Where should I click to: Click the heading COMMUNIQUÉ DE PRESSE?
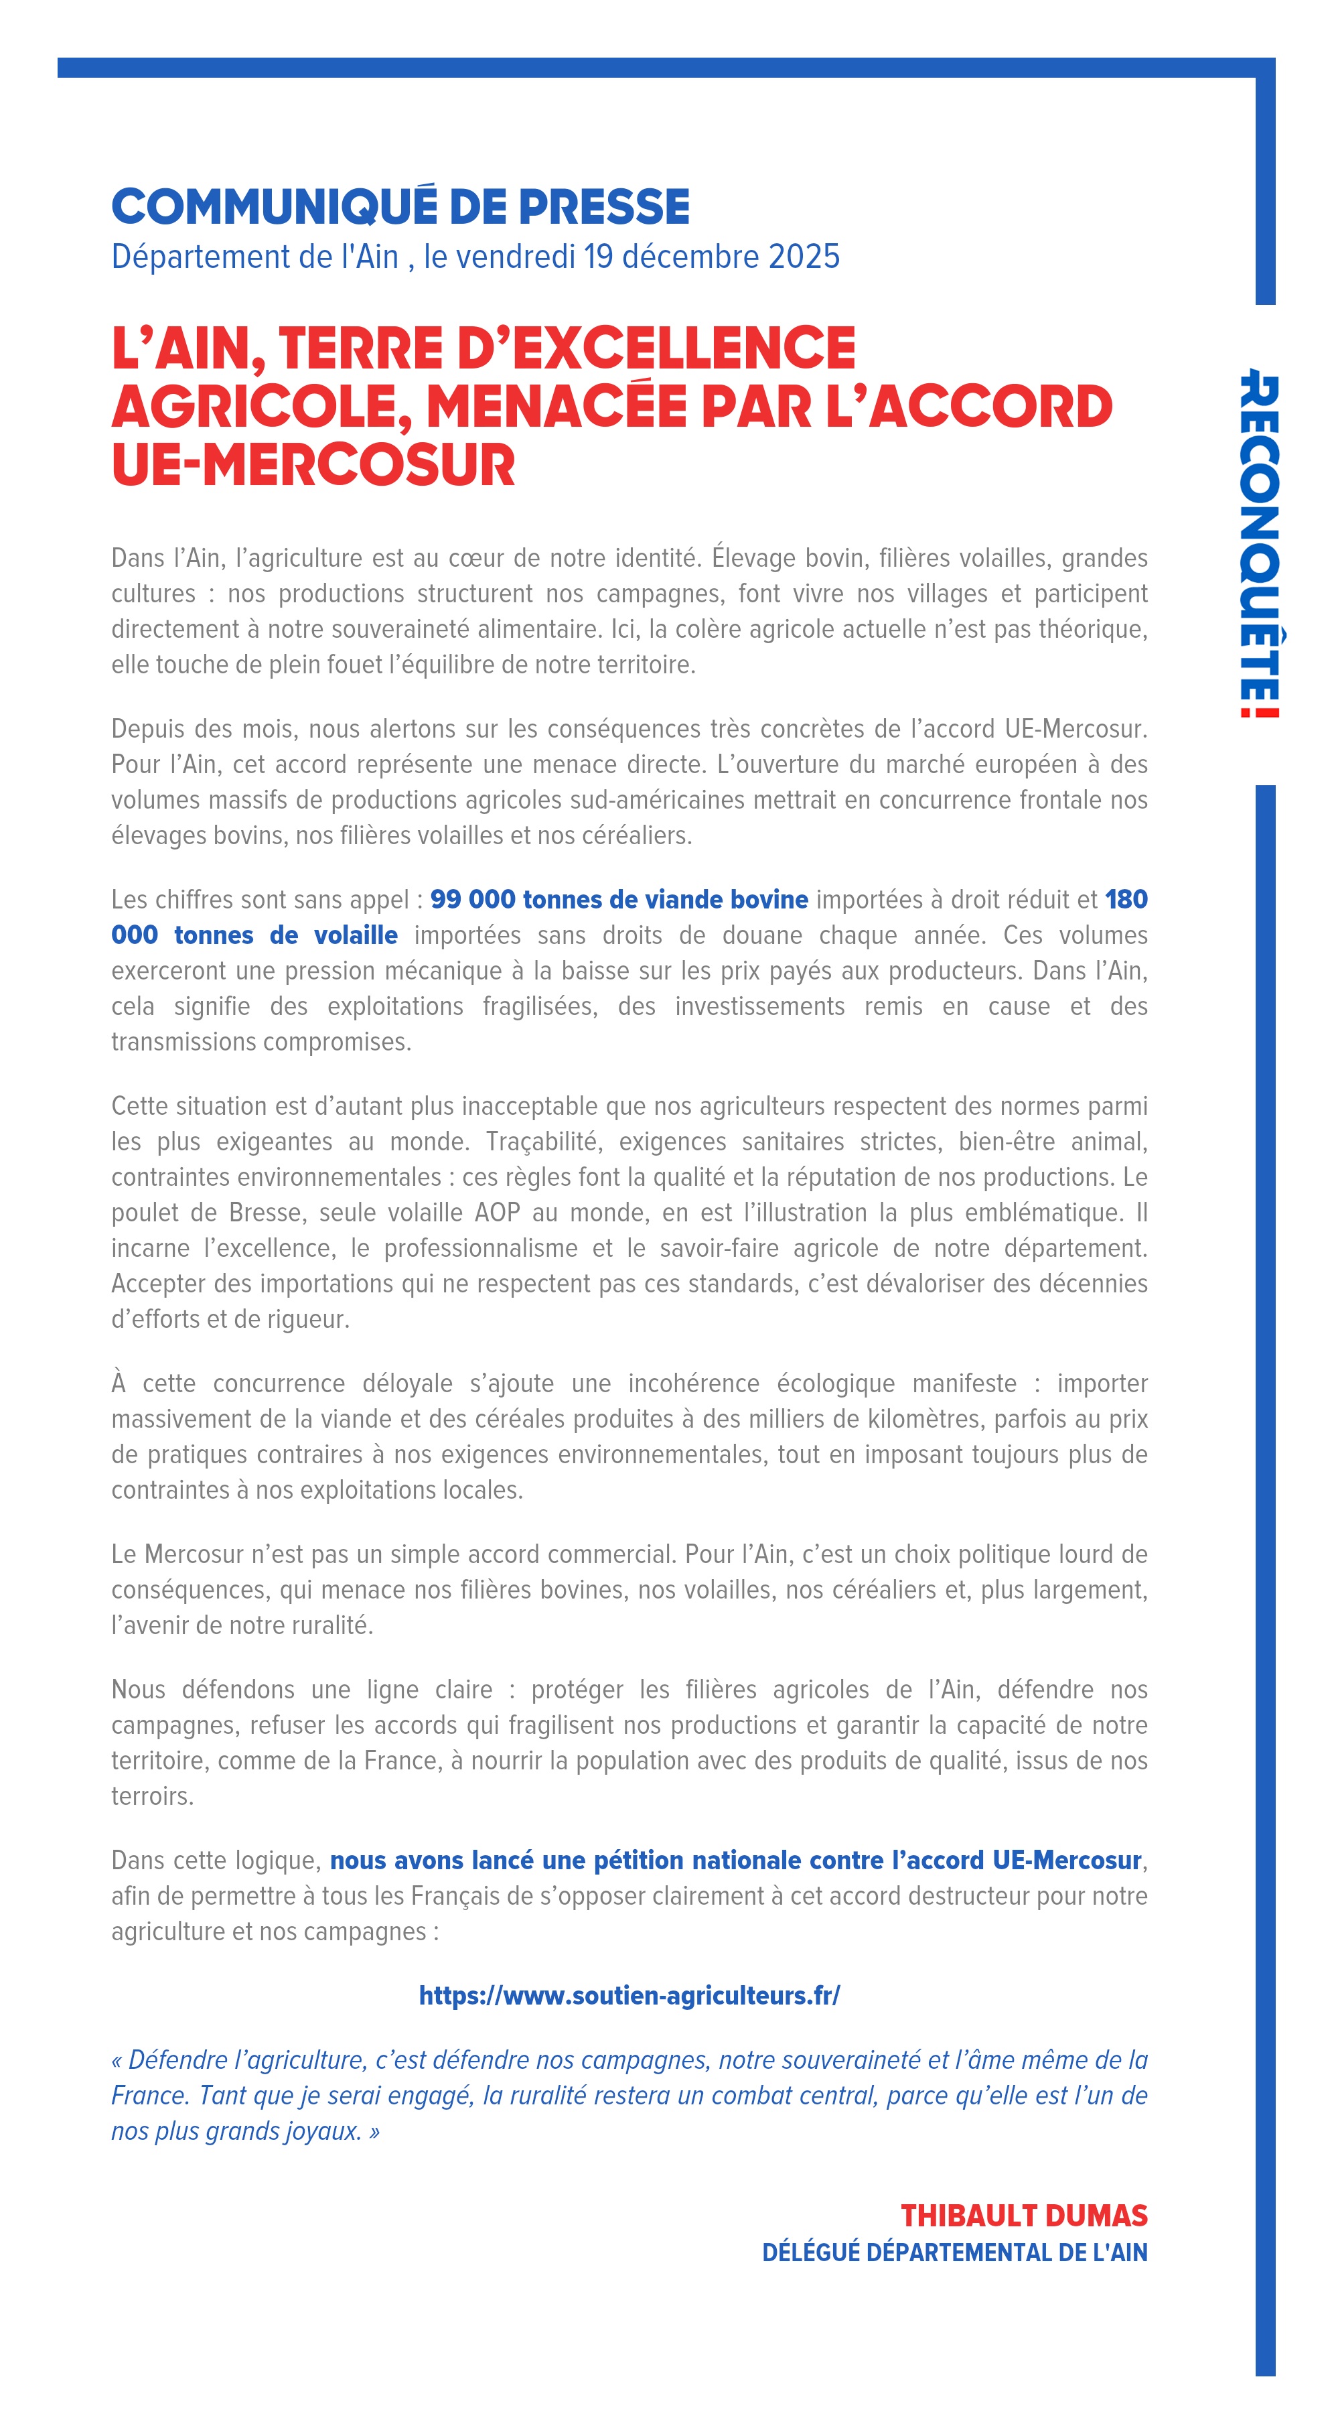coord(400,207)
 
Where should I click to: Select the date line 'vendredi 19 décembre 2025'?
coord(631,256)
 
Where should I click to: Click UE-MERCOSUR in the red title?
coord(313,465)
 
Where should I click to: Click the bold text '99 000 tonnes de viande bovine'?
coord(619,900)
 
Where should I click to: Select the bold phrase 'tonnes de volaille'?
coord(285,935)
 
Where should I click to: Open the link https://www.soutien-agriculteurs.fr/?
coord(629,1996)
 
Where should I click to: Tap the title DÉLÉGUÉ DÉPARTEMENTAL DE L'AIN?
coord(954,2252)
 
